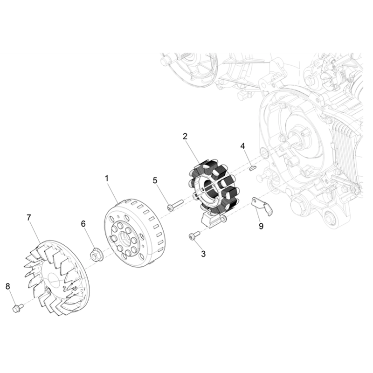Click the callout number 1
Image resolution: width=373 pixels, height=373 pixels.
point(107,179)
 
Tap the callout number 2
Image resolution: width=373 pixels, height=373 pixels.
point(185,136)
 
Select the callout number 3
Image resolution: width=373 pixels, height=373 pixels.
point(203,254)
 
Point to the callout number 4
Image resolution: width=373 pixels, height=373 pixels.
point(242,146)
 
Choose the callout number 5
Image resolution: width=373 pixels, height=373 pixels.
point(155,180)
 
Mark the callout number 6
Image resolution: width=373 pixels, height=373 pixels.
point(83,224)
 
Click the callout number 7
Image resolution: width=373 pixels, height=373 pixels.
point(29,217)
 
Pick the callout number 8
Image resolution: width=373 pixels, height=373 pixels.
point(8,286)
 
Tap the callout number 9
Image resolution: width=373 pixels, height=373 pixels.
point(261,226)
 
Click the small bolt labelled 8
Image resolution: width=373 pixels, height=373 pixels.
point(17,308)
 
